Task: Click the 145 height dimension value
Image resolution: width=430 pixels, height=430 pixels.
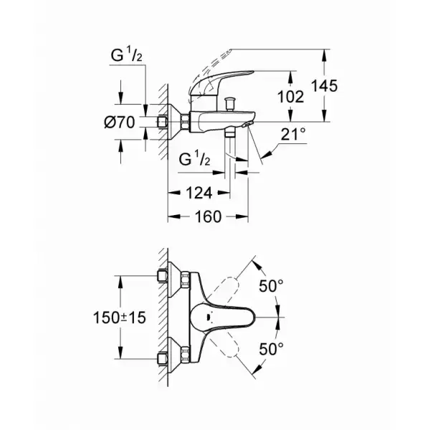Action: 325,85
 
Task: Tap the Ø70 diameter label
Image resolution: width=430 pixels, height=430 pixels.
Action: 120,123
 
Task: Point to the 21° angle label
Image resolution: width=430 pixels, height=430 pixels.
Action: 294,133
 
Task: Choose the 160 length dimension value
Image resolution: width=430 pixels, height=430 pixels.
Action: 207,217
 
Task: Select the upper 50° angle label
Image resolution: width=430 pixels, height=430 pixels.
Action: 271,286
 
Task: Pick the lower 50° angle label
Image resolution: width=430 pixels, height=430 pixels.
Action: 271,348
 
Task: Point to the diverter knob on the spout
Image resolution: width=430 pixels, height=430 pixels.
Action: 232,102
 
